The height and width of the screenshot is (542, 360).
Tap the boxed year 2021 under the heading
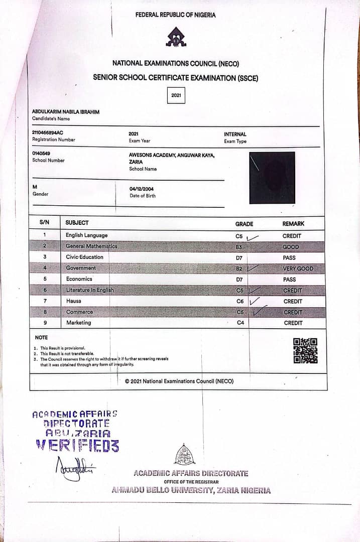pyautogui.click(x=176, y=95)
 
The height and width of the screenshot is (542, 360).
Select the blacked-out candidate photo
pyautogui.click(x=272, y=178)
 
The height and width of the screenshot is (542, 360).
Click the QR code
pyautogui.click(x=305, y=351)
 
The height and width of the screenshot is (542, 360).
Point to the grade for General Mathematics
pyautogui.click(x=239, y=247)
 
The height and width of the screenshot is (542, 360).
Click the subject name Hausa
pyautogui.click(x=74, y=301)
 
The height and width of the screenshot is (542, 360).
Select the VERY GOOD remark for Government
pyautogui.click(x=298, y=268)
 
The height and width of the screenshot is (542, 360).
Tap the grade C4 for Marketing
pyautogui.click(x=241, y=323)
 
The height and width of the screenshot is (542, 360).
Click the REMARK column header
pyautogui.click(x=293, y=224)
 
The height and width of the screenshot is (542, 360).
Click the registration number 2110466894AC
pyautogui.click(x=48, y=132)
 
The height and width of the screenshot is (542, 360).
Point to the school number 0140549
pyautogui.click(x=41, y=153)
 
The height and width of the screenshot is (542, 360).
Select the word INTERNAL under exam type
pyautogui.click(x=235, y=134)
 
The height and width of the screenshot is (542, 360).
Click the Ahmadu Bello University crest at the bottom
pyautogui.click(x=185, y=455)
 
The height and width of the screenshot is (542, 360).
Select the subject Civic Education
pyautogui.click(x=84, y=257)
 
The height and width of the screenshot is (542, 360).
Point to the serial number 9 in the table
pyautogui.click(x=45, y=323)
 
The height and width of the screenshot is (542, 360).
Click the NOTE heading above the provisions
pyautogui.click(x=41, y=338)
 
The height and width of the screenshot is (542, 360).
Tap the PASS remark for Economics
pyautogui.click(x=289, y=280)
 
